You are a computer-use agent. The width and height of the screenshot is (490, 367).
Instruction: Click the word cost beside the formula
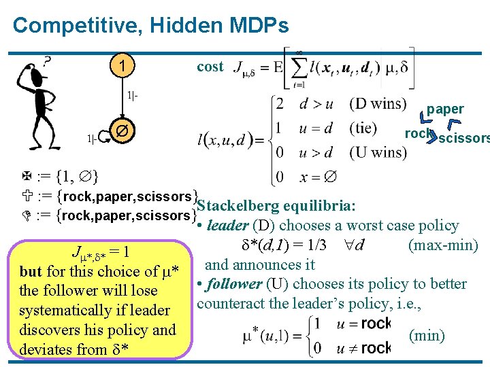210,66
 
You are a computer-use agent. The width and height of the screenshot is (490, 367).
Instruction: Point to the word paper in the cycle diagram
445,109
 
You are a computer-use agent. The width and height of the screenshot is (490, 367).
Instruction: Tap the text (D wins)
378,104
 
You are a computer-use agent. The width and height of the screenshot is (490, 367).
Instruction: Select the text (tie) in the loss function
367,128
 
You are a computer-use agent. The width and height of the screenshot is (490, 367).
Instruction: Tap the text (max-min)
443,245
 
